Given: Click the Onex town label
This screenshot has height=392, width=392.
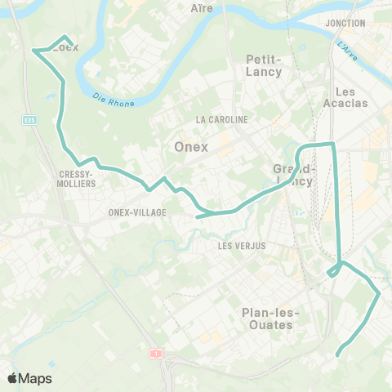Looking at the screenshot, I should tap(192, 147).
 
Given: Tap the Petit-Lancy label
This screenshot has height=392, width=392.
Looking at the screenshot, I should tap(264, 65).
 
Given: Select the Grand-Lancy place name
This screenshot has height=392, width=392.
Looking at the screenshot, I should tap(293, 175).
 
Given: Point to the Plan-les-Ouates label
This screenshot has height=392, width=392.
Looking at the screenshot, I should tap(271, 318).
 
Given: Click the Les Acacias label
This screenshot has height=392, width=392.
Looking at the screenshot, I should tap(351, 97).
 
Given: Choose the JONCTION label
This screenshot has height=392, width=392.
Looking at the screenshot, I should tap(345, 23).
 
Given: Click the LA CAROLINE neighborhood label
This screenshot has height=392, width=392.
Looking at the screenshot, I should tap(221, 119).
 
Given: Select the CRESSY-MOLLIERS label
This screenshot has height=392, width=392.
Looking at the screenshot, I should tap(78, 179).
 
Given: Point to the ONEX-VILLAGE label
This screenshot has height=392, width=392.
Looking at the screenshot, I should tap(137, 212).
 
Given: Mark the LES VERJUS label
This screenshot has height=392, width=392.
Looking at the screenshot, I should tap(242, 245).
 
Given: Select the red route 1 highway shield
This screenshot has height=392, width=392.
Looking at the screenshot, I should tap(154, 353).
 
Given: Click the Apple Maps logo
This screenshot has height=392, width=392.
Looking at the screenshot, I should tap(29, 378).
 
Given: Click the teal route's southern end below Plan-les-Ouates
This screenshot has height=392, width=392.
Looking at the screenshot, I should tap(337, 354).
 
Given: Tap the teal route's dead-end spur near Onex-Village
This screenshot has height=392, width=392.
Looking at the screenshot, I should tap(198, 217).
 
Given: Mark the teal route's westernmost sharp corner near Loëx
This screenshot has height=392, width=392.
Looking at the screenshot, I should tap(33, 51).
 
